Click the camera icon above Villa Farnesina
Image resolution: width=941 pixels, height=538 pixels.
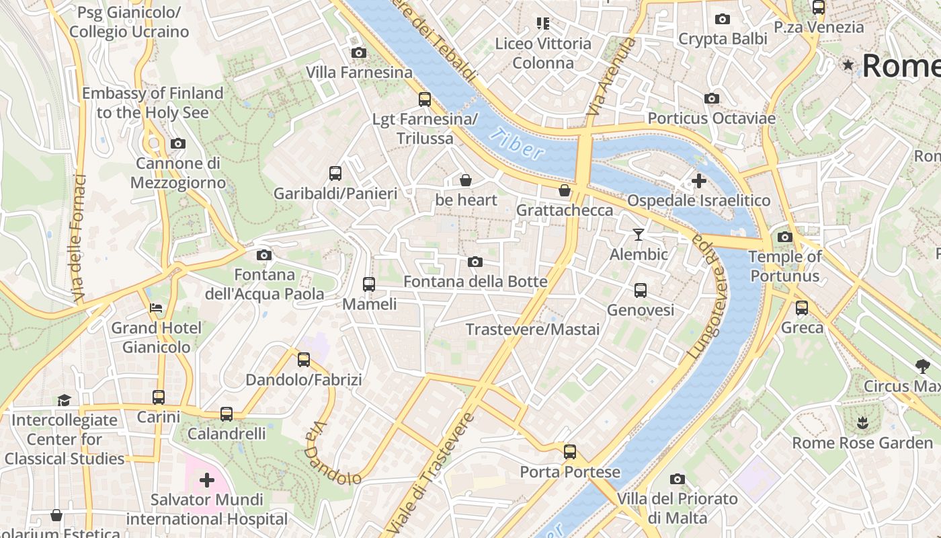point(359,52)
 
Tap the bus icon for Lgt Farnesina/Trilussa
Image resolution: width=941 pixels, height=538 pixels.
point(424,100)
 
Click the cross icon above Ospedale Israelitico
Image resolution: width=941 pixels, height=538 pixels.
point(699,180)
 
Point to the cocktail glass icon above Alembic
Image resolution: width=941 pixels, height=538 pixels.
point(639,235)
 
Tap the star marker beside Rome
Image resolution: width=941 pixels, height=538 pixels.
point(848,65)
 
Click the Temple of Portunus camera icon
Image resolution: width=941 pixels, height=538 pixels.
point(784,237)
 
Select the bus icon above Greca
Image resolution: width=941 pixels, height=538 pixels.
point(802,308)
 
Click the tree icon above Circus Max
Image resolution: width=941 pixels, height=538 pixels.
point(922,367)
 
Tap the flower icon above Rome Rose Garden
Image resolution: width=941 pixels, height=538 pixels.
point(862,423)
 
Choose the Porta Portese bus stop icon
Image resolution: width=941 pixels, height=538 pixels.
point(570,452)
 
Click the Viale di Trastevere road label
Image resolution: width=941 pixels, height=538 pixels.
point(430,471)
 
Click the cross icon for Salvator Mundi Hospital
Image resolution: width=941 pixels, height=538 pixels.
point(207,480)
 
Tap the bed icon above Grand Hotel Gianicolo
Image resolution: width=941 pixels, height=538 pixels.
point(156,308)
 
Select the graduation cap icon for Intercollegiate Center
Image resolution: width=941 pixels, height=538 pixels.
point(64,400)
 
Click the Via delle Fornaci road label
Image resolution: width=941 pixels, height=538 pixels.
point(78,239)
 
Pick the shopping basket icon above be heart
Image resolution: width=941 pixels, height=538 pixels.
point(465,180)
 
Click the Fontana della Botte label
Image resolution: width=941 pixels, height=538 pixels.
point(475,281)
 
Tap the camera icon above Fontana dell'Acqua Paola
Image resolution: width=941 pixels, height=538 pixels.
point(264,255)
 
